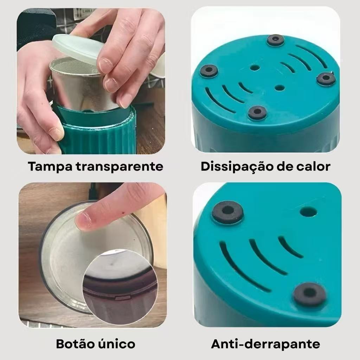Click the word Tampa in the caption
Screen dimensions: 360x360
[50, 166]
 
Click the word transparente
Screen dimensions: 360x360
[120, 166]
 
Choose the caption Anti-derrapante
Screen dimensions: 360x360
[265, 344]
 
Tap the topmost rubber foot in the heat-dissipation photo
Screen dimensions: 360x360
[276, 40]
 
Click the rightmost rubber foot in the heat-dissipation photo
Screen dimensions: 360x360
[326, 78]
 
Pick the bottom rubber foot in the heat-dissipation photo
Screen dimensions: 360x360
[257, 112]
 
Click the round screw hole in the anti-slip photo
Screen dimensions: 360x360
[308, 211]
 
